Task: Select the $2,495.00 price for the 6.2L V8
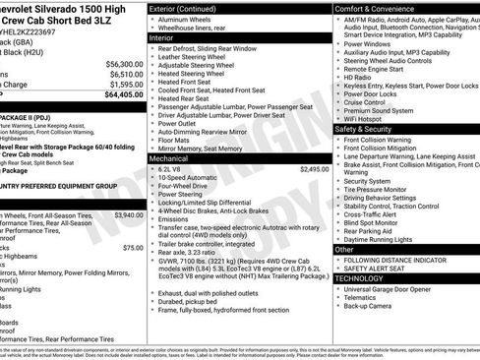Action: point(314,169)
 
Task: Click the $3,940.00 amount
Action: point(128,214)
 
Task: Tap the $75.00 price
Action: point(133,248)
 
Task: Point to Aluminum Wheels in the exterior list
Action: point(188,19)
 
